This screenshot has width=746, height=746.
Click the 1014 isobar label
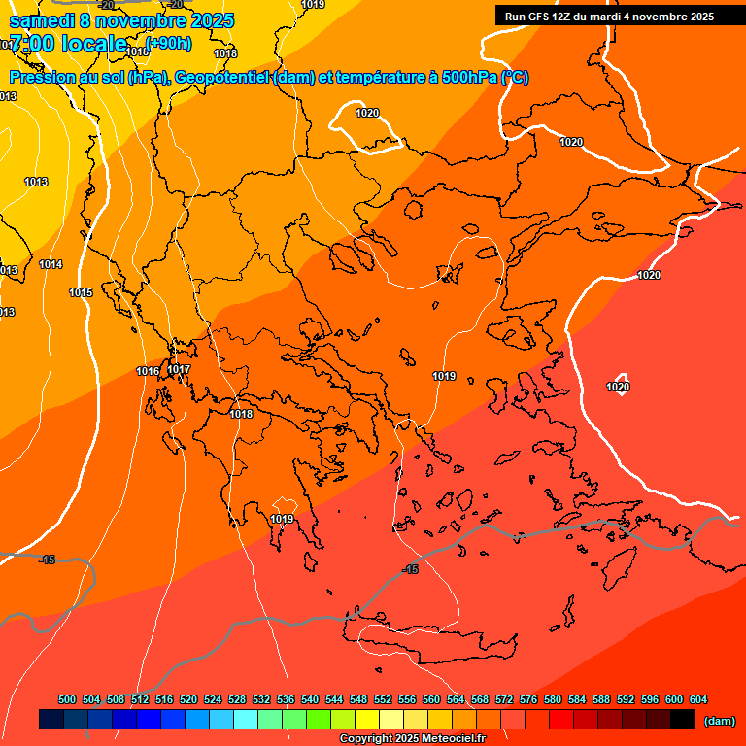click(x=51, y=265)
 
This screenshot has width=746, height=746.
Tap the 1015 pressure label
click(x=81, y=292)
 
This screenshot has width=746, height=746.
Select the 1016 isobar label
click(x=148, y=371)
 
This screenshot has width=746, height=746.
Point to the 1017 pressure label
click(x=179, y=369)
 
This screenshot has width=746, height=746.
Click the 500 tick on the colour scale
click(x=67, y=699)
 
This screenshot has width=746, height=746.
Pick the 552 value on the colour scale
click(x=383, y=699)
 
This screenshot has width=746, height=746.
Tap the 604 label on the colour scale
click(x=698, y=699)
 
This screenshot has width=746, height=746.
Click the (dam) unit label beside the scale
click(x=719, y=721)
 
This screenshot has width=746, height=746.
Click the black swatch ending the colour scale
click(x=683, y=720)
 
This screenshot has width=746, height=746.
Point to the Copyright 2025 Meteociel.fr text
click(x=412, y=739)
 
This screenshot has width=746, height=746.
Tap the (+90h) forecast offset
click(x=168, y=43)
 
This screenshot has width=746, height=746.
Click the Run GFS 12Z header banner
click(x=609, y=17)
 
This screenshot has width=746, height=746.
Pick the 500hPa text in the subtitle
click(x=469, y=78)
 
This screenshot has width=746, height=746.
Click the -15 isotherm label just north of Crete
click(x=410, y=569)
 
